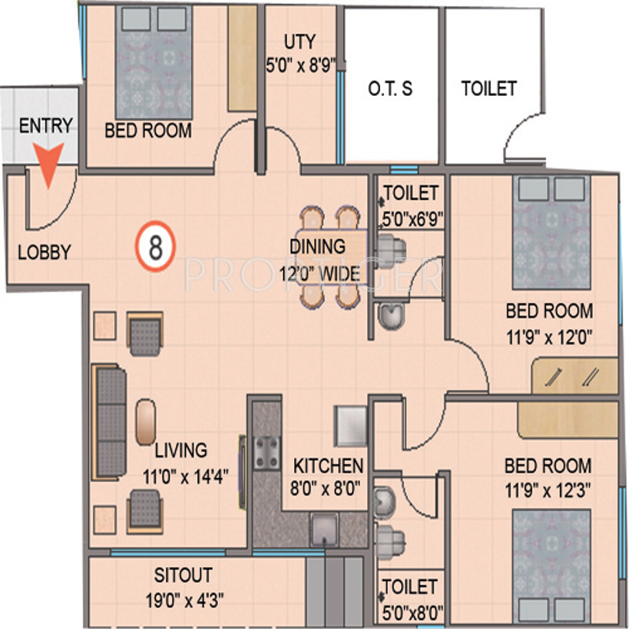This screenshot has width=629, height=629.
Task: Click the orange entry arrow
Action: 49,167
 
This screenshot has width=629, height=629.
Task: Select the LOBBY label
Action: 44,252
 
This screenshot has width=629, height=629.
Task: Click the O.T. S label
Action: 390,89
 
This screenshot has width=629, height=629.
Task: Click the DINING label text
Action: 317,246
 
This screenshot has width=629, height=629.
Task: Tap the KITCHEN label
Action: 328,465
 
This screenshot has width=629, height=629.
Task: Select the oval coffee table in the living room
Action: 145,421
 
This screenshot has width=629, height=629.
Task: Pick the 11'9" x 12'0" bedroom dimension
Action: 550,337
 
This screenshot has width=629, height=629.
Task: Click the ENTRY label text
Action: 46,126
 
